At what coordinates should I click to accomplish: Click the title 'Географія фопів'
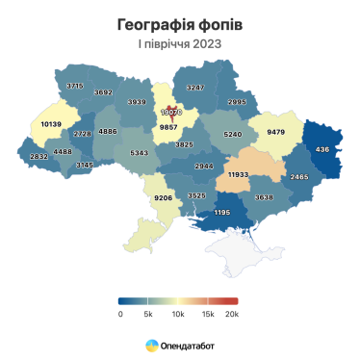[x=179, y=23]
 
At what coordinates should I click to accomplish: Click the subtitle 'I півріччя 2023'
[x=179, y=43]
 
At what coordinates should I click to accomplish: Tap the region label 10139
[x=51, y=124]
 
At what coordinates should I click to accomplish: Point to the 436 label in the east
[x=321, y=148]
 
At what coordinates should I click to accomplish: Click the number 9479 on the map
[x=277, y=132]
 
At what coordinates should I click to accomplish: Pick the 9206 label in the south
[x=163, y=197]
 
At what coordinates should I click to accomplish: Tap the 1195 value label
[x=222, y=212]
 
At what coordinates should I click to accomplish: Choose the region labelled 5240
[x=231, y=135]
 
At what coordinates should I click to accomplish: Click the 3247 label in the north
[x=195, y=88]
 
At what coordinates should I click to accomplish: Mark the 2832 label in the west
[x=39, y=156]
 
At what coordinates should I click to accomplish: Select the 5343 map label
[x=139, y=152]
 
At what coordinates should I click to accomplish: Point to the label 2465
[x=299, y=177]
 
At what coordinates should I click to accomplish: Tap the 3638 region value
[x=263, y=197]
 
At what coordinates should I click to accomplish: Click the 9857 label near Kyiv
[x=168, y=126]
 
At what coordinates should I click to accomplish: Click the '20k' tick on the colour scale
[x=231, y=314]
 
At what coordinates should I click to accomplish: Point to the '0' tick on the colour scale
[x=120, y=314]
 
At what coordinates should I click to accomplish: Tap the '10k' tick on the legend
[x=176, y=314]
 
